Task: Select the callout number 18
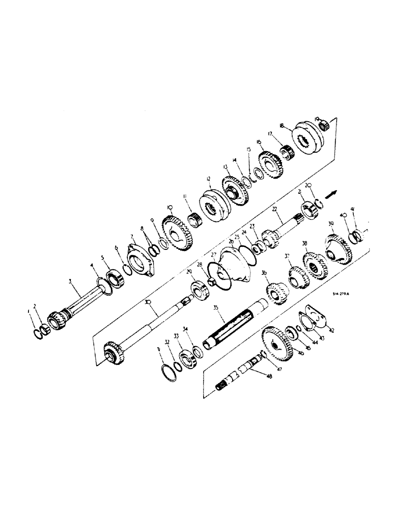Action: tap(281, 125)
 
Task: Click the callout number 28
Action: tap(200, 265)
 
